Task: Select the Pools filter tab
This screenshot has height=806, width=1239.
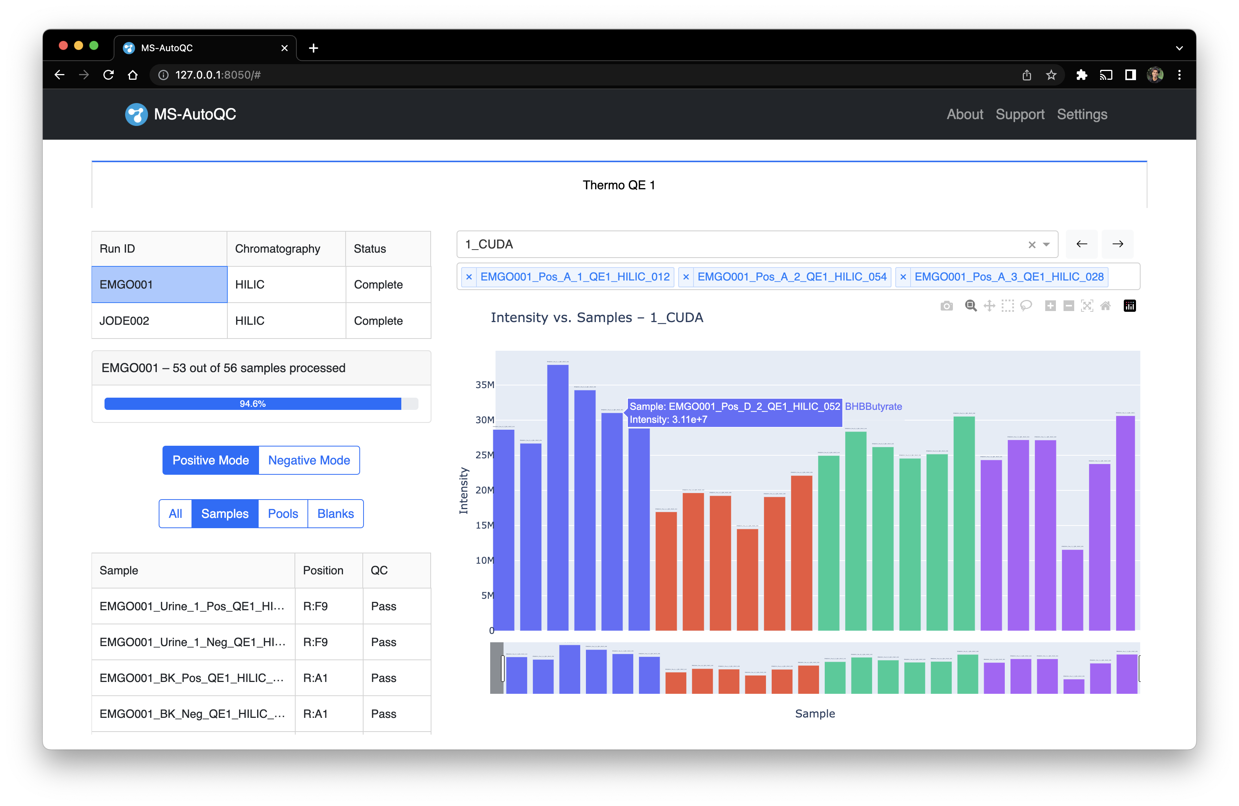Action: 283,514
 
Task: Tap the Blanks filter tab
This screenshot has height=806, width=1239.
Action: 335,514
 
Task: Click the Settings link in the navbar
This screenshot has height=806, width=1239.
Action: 1082,114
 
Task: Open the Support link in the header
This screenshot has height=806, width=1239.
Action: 1019,114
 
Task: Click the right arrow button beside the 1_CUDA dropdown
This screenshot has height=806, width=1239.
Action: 1117,244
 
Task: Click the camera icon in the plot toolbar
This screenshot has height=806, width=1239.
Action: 946,306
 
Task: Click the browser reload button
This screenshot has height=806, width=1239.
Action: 108,75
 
